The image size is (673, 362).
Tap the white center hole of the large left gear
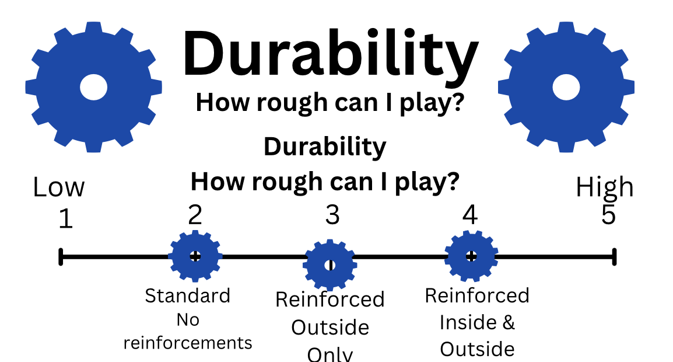pos(93,88)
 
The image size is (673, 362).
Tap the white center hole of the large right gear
pos(566,88)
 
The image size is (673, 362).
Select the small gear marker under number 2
pos(195,256)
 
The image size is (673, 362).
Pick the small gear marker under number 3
pos(330,264)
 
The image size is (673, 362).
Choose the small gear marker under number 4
pos(471,256)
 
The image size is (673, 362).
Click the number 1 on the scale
pos(66,219)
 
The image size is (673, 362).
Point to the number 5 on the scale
pos(608,215)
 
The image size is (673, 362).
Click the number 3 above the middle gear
pos(332,215)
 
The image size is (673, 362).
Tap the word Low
pos(59,188)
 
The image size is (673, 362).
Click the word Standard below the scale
pos(187,295)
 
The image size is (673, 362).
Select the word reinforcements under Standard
pos(188,342)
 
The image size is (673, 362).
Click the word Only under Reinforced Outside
pos(330,354)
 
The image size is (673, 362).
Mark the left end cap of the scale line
pos(61,256)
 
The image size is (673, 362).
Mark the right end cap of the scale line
pos(614,256)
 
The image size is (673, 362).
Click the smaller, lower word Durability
pos(325,147)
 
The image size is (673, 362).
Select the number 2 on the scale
pos(195,215)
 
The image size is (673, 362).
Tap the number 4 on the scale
pos(469,215)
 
